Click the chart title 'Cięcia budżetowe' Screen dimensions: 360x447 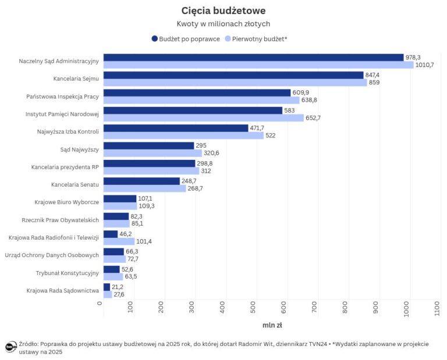(x=223, y=10)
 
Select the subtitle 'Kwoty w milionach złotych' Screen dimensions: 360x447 (x=223, y=24)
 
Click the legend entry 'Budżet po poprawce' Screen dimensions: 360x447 (x=185, y=38)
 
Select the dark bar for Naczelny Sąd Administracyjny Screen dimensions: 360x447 (x=253, y=57)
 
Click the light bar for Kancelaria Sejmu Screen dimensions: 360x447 (x=235, y=83)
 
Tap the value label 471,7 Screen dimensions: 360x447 (x=260, y=128)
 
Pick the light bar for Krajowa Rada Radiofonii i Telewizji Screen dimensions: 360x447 (x=119, y=241)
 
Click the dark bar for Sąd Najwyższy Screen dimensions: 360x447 (x=148, y=145)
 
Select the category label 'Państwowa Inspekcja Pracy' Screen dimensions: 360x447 (x=63, y=96)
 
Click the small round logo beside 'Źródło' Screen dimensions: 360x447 (x=10, y=347)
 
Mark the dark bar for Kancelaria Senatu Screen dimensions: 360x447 (x=141, y=181)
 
